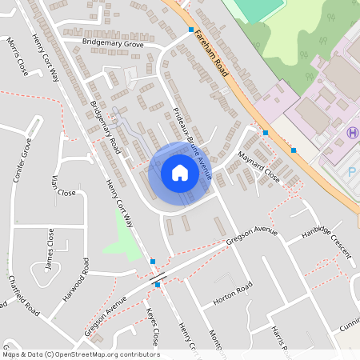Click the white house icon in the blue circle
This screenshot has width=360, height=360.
pos(179,173)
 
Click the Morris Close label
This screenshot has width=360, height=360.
pos(17,56)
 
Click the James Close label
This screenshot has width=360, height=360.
pos(50,249)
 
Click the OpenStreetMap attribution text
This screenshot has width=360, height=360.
pos(81,354)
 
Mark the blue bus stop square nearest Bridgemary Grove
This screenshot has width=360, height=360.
pos(190,30)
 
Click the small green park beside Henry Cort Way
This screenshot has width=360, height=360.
pos(121,232)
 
